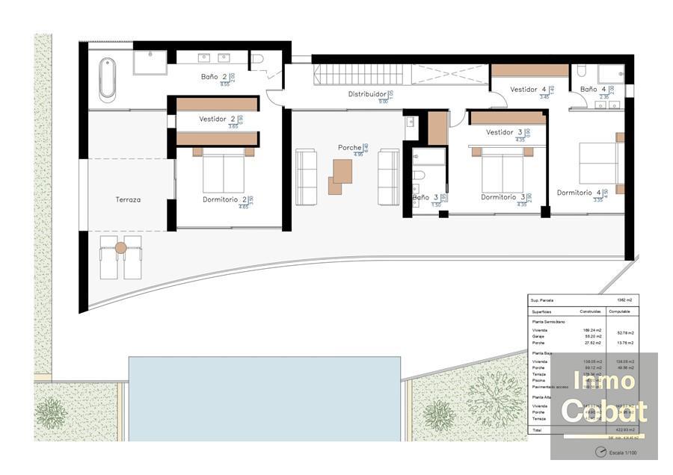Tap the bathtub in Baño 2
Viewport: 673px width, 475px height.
coord(108,81)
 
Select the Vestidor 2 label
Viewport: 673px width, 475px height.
coord(218,119)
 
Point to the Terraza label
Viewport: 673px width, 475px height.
coord(128,199)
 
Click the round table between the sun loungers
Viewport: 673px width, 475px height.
coord(121,247)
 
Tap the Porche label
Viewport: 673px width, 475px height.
coord(350,148)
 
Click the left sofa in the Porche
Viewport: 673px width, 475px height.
coord(307,176)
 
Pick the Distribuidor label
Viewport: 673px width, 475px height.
coord(367,94)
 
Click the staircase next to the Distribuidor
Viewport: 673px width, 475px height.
coord(358,74)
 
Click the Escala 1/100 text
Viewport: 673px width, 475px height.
coord(621,453)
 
